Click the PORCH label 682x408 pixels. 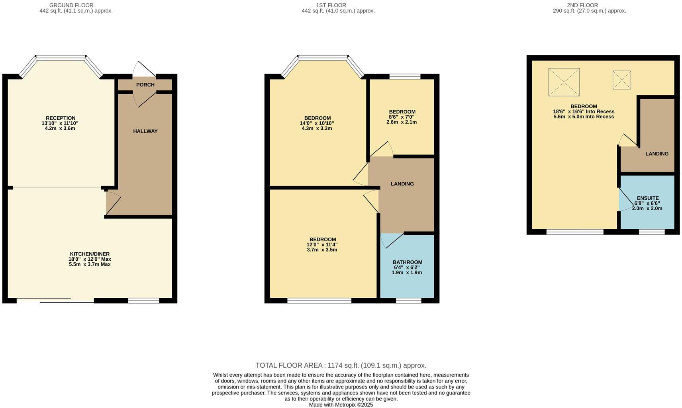point(145,85)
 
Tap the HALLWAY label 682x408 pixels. point(145,131)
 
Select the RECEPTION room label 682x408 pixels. point(61,118)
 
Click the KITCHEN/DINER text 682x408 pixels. point(90,254)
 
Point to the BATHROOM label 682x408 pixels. point(407,262)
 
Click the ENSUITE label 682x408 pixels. point(648,198)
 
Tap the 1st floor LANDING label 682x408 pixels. point(402,184)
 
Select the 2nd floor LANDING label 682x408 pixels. point(657,154)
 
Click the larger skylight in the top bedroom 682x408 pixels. point(564,82)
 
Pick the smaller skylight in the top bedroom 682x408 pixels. point(621,80)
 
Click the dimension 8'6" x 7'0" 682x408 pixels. point(402,117)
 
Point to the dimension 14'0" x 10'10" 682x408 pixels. point(317,123)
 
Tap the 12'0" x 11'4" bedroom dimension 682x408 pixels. point(322,245)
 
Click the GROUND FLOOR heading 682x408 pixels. point(71,5)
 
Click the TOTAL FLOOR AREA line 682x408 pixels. point(341,365)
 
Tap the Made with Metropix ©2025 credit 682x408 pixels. point(341,405)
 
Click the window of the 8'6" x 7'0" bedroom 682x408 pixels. point(405,76)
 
